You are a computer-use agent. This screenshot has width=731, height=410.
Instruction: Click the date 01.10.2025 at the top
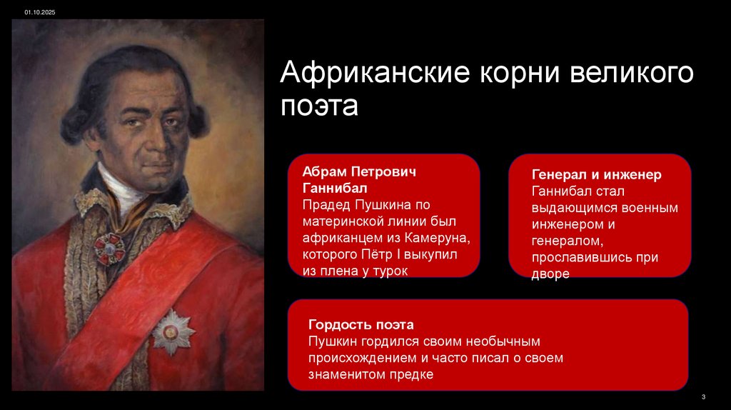pos(39,11)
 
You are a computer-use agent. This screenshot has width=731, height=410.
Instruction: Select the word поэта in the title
pos(318,106)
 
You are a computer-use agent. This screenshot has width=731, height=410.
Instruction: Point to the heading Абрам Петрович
pos(358,173)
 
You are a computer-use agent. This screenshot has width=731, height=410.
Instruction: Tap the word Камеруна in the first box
pos(439,238)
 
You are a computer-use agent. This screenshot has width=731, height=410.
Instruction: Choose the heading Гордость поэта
pos(361,325)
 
